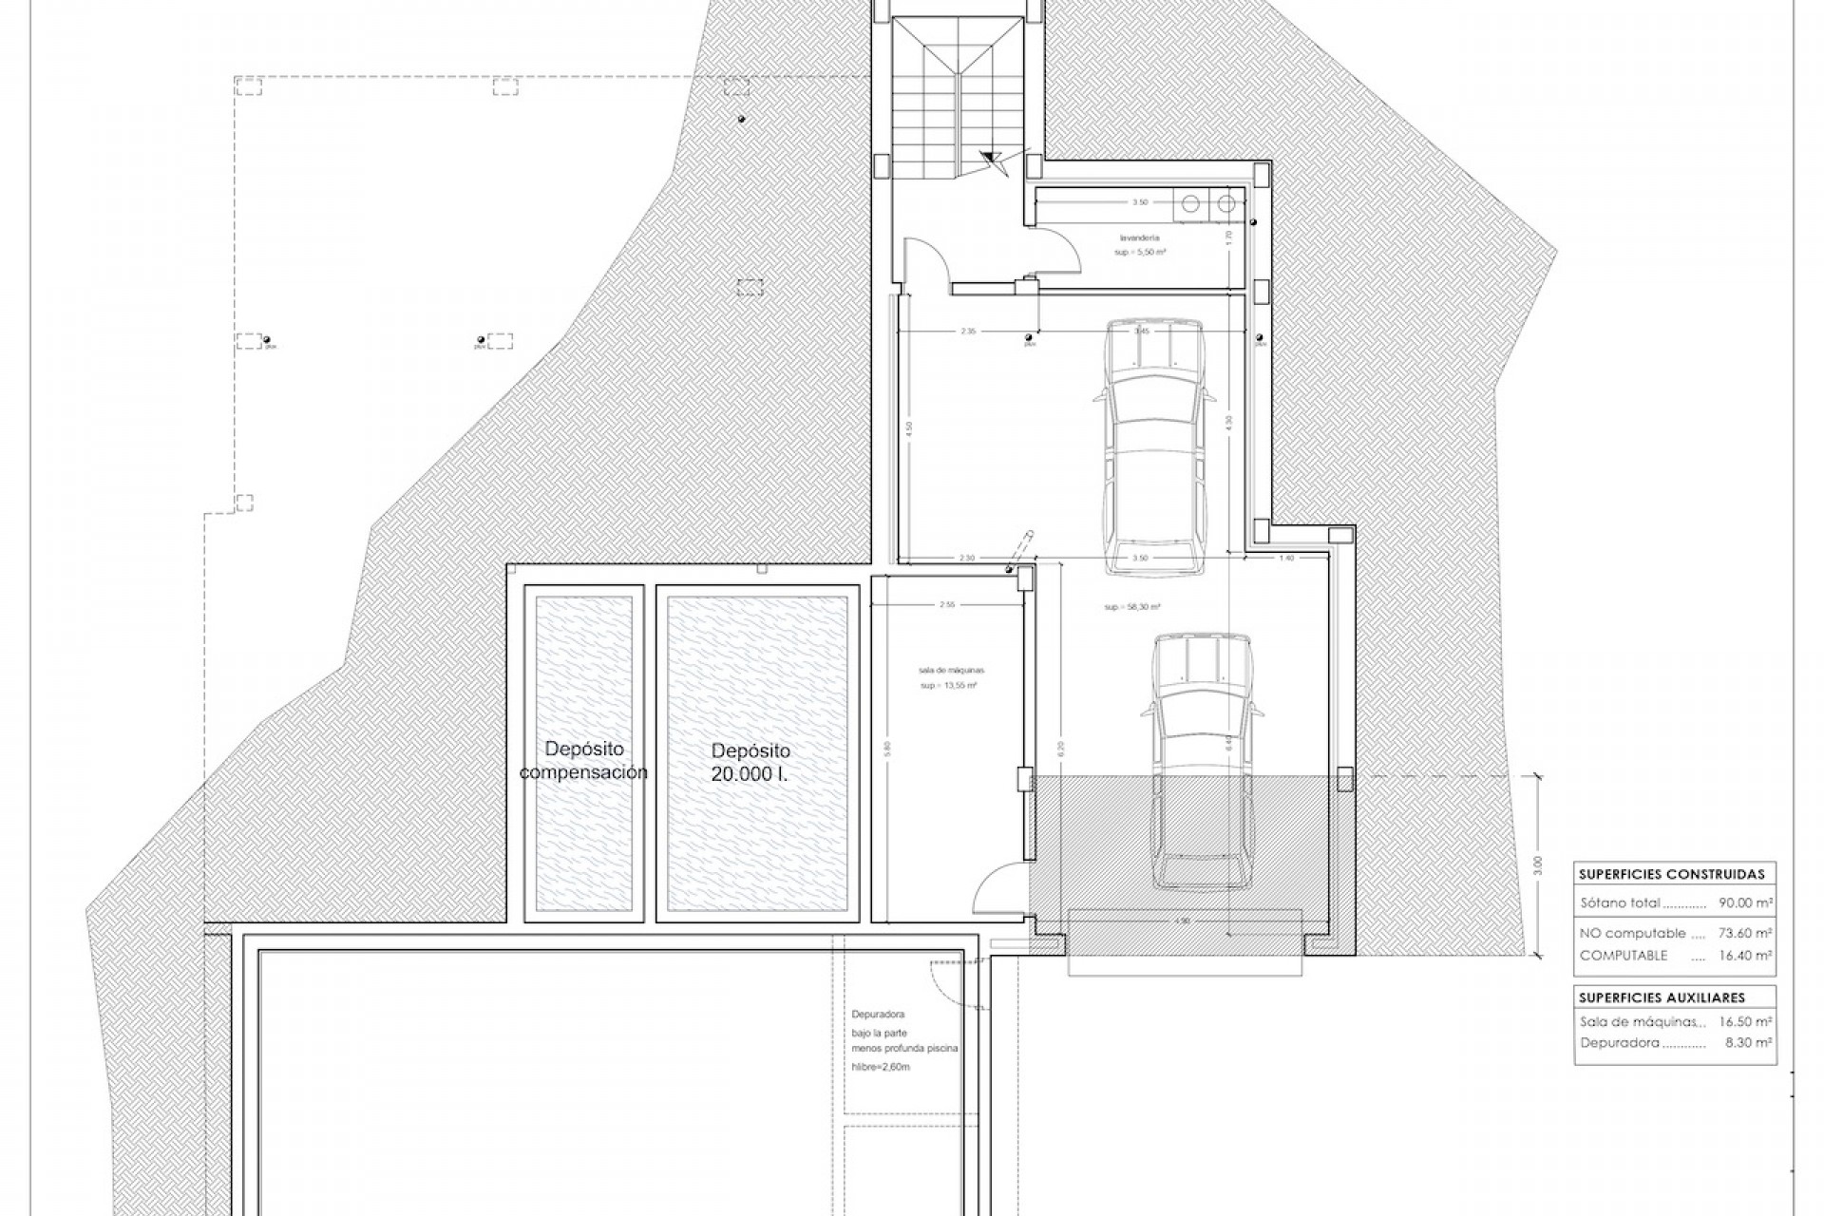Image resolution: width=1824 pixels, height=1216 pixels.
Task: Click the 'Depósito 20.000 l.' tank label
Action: coord(750,762)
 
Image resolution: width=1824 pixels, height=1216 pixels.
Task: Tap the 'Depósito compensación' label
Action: coord(583,761)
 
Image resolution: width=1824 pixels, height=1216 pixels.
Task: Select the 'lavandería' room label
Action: coord(1140,238)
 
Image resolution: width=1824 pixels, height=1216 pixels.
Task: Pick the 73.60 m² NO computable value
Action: coord(1746,934)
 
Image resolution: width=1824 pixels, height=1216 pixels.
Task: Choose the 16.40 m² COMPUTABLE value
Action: coord(1746,956)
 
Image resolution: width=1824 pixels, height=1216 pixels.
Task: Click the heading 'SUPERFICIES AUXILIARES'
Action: coord(1649,997)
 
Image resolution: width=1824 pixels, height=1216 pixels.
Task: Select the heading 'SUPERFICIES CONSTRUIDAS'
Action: coord(1671,874)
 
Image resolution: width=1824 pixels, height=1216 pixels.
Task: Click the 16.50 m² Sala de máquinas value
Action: coord(1746,1021)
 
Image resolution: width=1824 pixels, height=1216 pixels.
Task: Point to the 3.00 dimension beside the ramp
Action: coord(1538,865)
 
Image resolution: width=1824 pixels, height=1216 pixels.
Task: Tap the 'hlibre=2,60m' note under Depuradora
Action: coord(881,1067)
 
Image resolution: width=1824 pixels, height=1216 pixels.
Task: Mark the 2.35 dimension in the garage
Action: coord(968,332)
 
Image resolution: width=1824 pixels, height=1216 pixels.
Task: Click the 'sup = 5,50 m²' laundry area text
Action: coord(1140,253)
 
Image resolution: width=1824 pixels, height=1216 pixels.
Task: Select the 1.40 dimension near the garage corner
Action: coord(1287,559)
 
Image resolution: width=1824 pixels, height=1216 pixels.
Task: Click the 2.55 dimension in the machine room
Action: coord(947,604)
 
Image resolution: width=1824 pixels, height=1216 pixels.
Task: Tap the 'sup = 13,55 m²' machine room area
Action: coord(948,685)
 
